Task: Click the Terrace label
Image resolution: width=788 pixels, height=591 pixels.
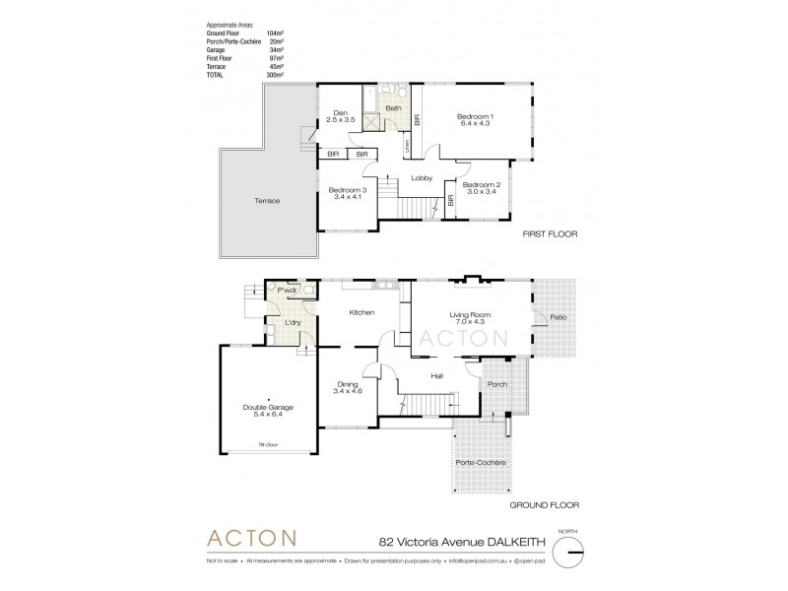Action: pos(266,201)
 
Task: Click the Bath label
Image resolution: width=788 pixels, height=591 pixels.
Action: pos(393,108)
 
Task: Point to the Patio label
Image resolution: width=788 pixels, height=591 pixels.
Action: pos(558,317)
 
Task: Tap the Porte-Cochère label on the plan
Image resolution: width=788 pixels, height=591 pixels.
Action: pos(482,463)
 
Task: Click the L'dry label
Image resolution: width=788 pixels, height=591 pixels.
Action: pos(292,322)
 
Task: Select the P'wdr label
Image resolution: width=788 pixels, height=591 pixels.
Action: pos(288,292)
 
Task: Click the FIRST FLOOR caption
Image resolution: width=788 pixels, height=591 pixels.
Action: pos(550,236)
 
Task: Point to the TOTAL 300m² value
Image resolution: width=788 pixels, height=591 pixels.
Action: pos(275,75)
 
